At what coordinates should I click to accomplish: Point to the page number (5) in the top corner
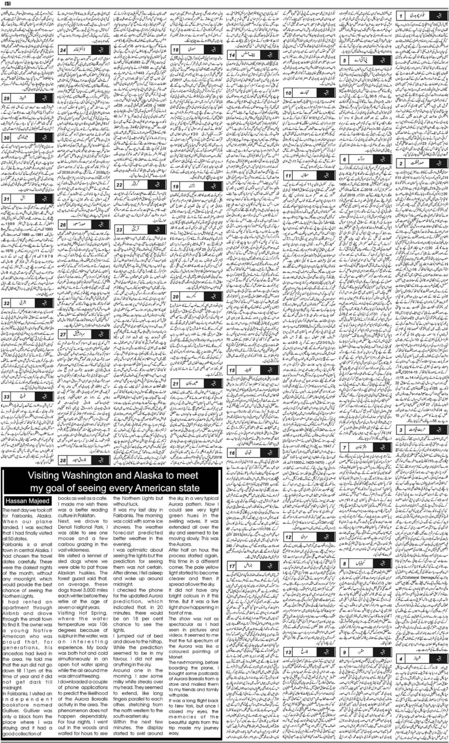click(x=7, y=4)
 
